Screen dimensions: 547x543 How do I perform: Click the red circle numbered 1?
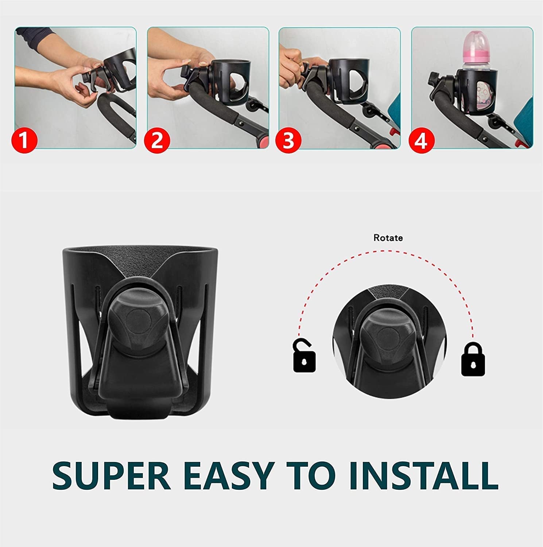tap(24, 140)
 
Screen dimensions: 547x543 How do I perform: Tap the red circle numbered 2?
tap(157, 140)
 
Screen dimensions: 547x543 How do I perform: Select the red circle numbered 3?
tap(288, 140)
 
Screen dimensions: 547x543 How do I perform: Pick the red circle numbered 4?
tap(421, 140)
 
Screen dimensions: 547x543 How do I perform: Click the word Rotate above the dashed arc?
tap(388, 238)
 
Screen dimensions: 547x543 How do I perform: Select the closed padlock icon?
tap(473, 359)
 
